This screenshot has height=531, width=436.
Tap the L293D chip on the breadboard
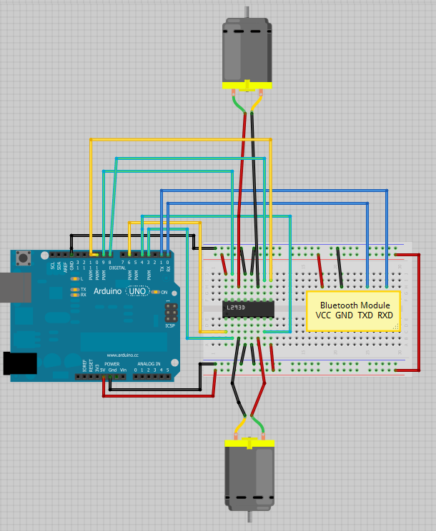pos(248,309)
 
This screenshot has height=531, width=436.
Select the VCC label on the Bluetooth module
pos(324,315)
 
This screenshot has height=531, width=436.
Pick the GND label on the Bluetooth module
pos(345,315)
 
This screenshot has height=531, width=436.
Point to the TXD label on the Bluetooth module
pos(365,315)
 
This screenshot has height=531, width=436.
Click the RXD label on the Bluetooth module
pos(385,315)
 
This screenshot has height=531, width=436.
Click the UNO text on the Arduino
pos(137,292)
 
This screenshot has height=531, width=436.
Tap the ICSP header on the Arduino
pos(171,312)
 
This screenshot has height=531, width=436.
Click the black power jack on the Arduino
pos(20,363)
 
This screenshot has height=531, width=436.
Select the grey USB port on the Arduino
pos(10,287)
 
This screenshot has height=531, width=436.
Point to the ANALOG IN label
pos(152,364)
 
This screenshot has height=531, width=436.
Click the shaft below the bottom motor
pos(249,520)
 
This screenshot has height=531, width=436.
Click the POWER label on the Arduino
pos(112,364)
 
